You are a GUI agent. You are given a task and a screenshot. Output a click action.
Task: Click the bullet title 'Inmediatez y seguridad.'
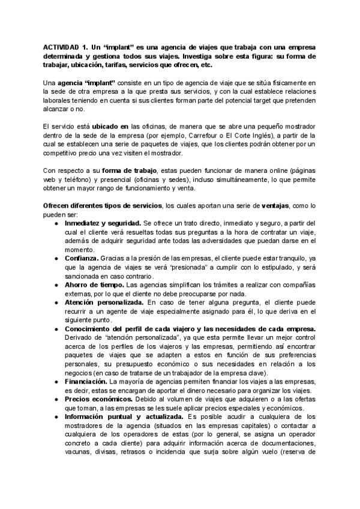(103, 223)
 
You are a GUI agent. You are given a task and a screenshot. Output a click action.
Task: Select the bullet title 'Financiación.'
(85, 381)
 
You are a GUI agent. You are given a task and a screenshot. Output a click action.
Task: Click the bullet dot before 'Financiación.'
(55, 381)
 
